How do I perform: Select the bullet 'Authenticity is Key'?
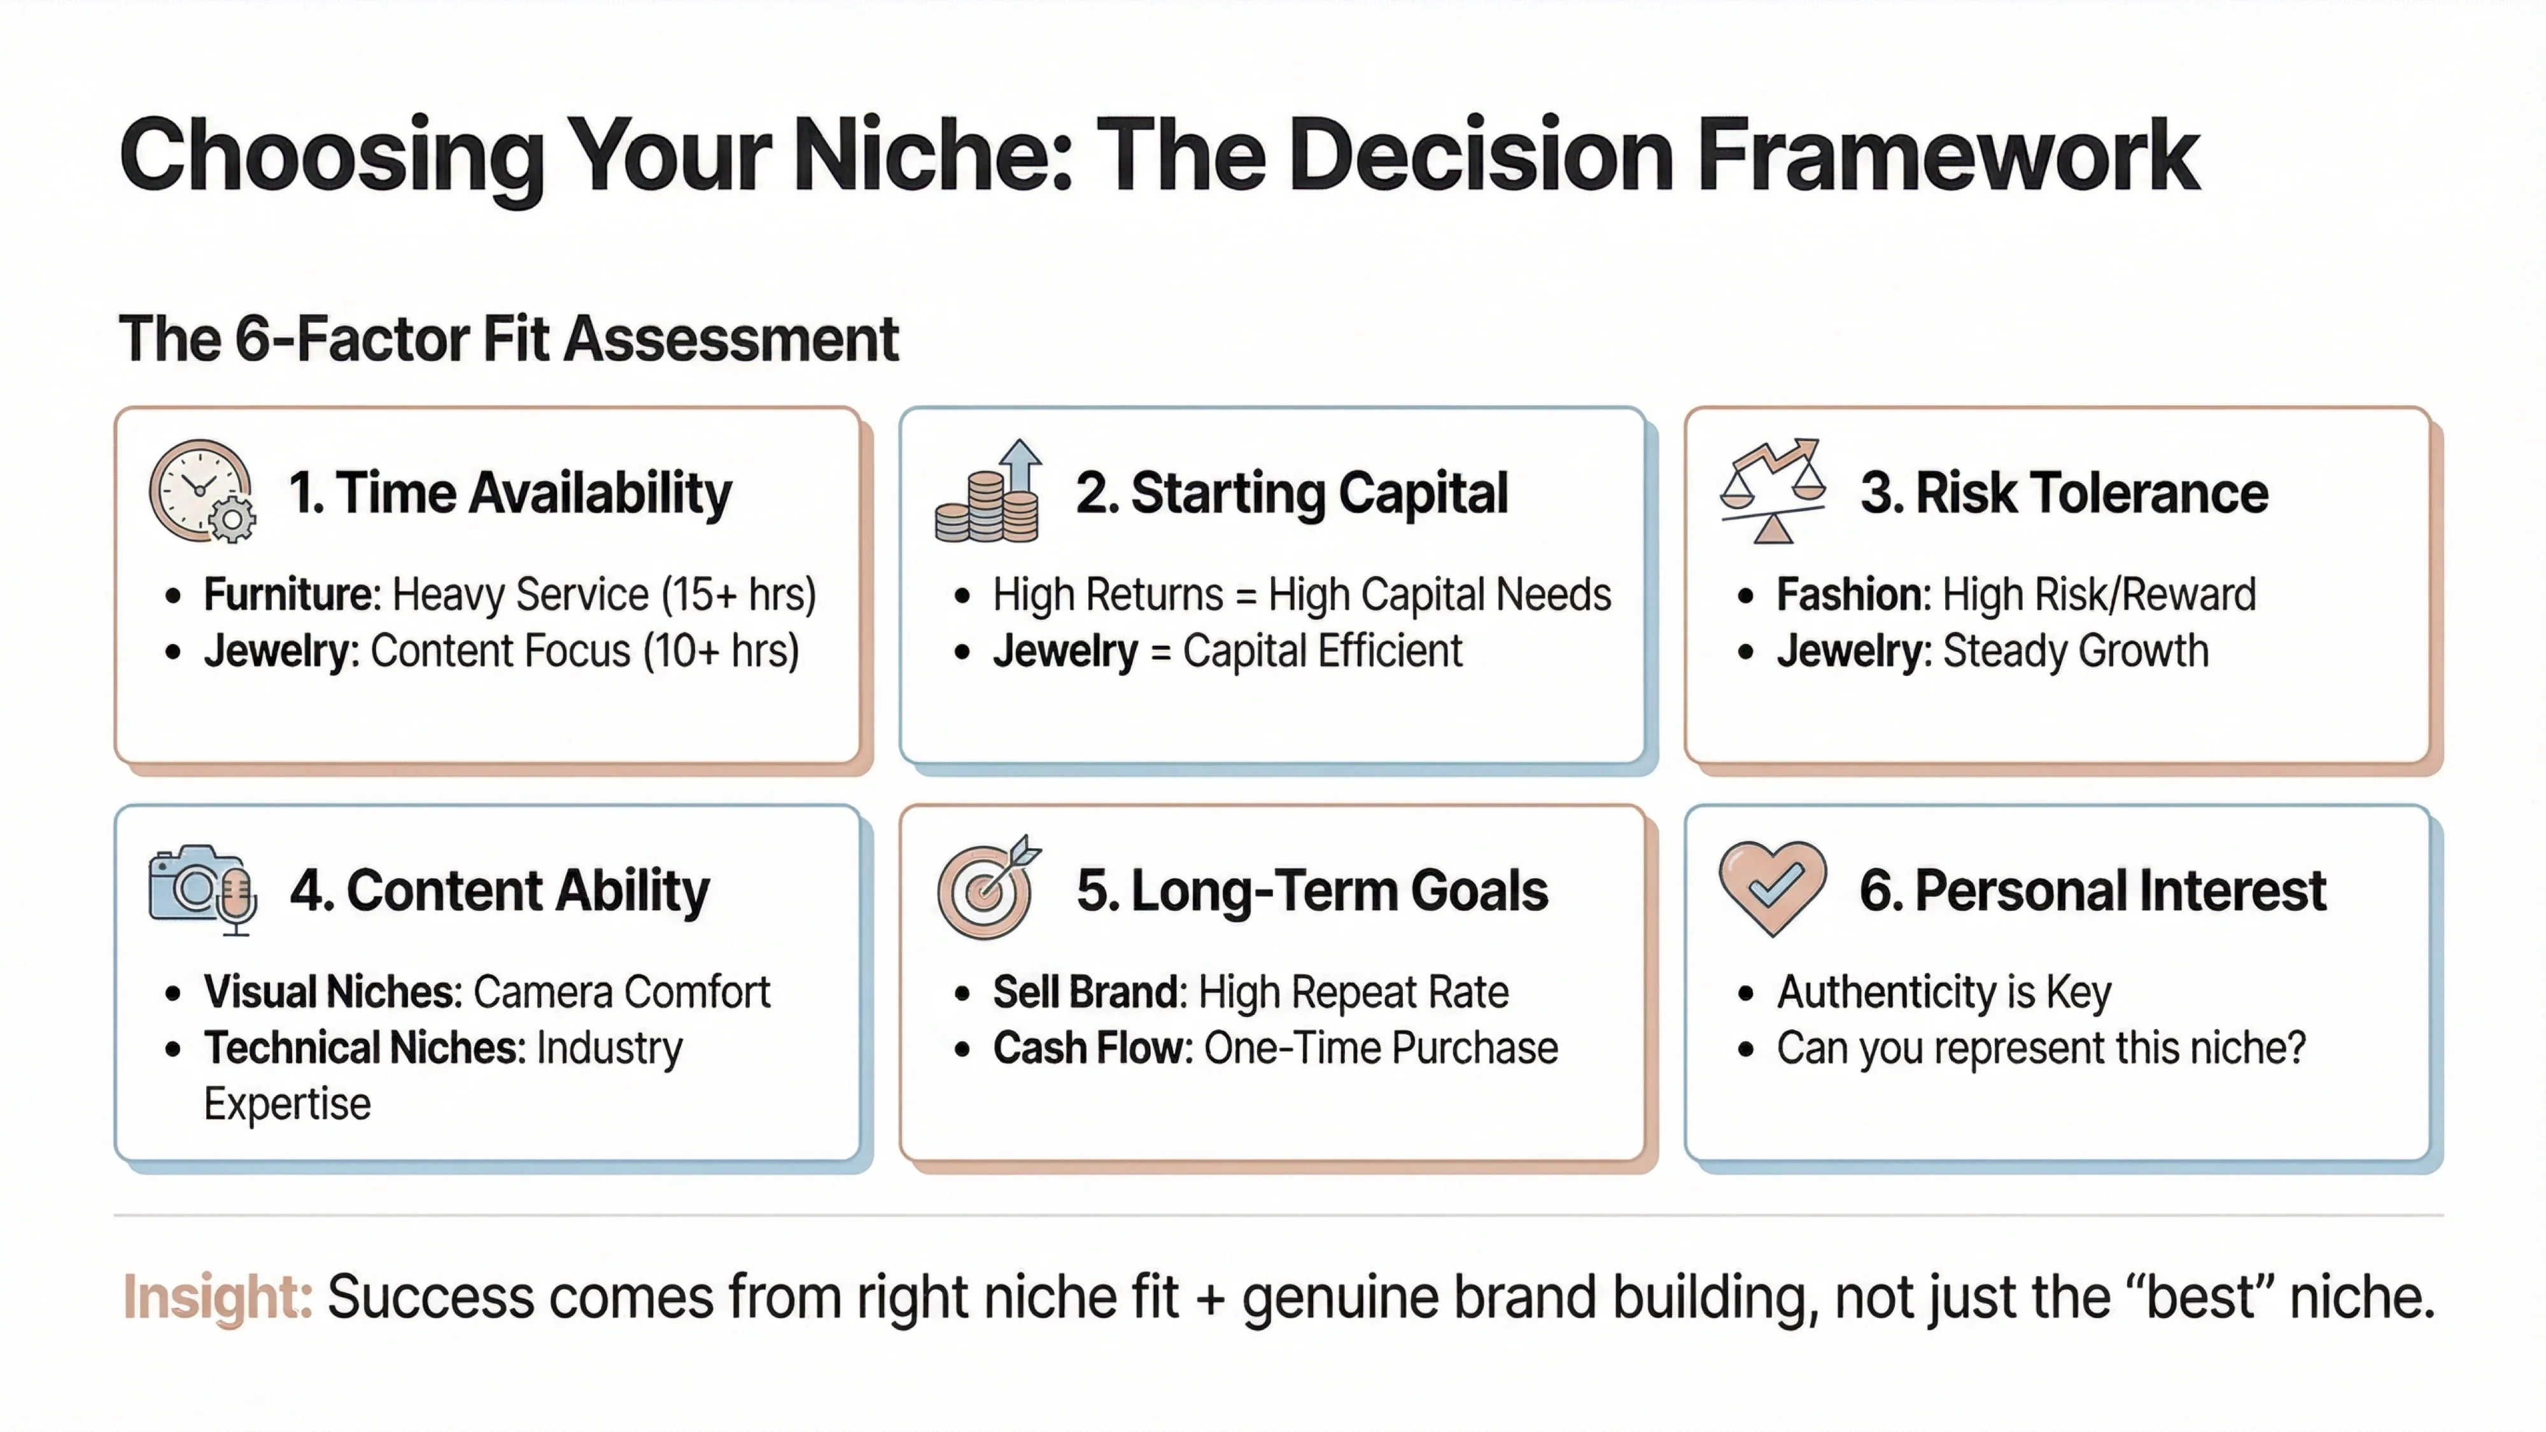tap(1944, 992)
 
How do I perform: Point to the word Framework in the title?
tap(1949, 156)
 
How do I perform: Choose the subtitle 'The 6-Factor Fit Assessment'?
tap(508, 339)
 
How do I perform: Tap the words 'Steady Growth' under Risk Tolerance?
tap(2076, 651)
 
